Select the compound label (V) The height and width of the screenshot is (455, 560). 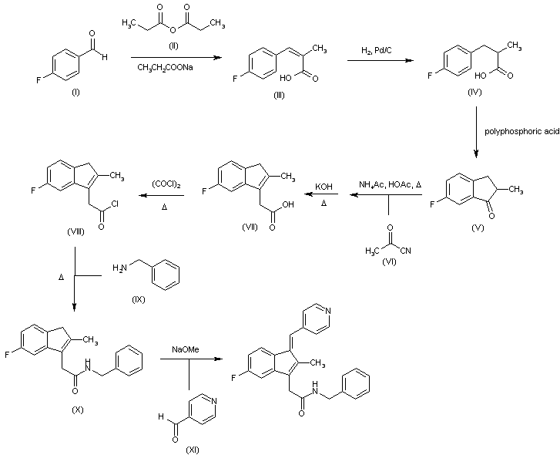(x=475, y=231)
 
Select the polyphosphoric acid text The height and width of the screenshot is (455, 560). (x=521, y=132)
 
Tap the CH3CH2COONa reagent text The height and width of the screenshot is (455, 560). (x=172, y=69)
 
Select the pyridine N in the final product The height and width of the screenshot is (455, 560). (x=329, y=311)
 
